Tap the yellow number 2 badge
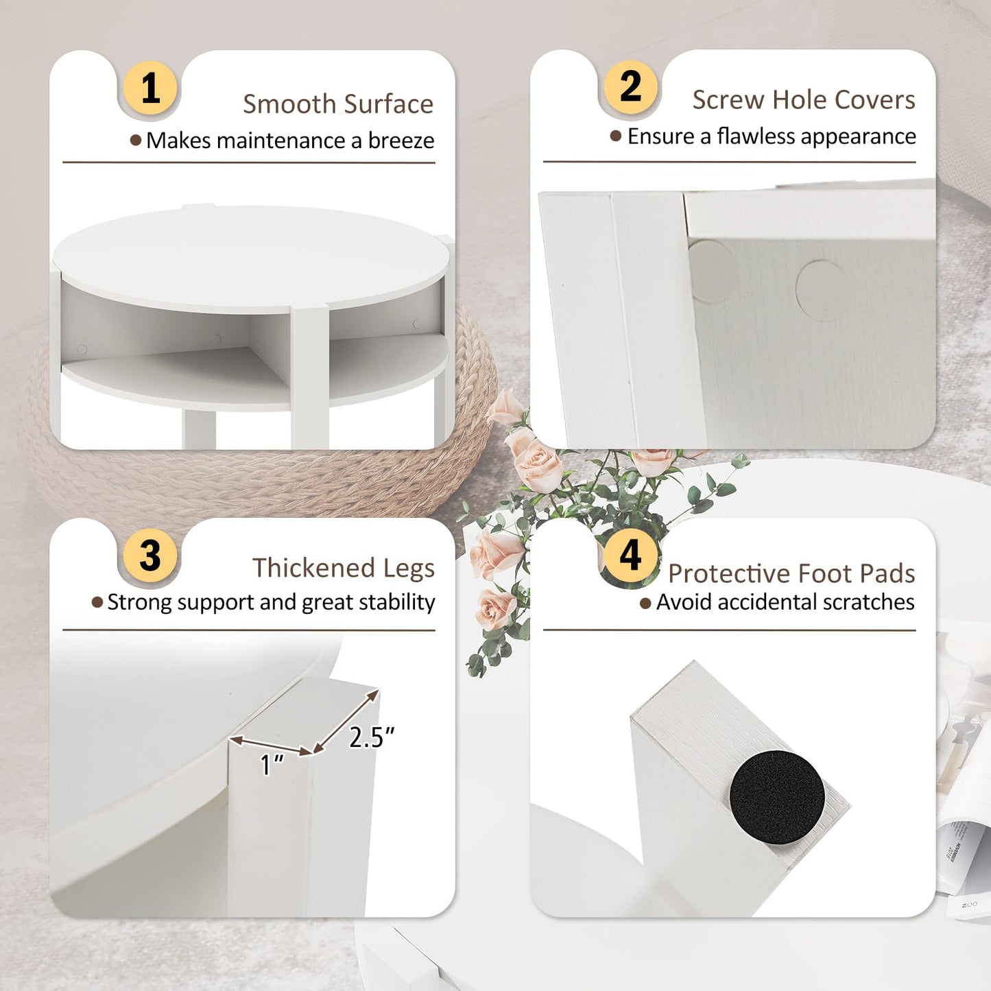[x=630, y=86]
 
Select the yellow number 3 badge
[x=150, y=556]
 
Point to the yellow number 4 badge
[x=630, y=556]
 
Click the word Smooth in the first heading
[x=289, y=104]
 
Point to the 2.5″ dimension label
[x=371, y=737]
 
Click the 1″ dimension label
[x=272, y=765]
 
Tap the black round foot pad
[x=776, y=797]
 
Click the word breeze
[x=401, y=141]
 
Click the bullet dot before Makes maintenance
[x=136, y=141]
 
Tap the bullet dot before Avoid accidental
[x=645, y=604]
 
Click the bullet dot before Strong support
[x=97, y=602]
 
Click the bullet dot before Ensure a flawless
[x=616, y=136]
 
